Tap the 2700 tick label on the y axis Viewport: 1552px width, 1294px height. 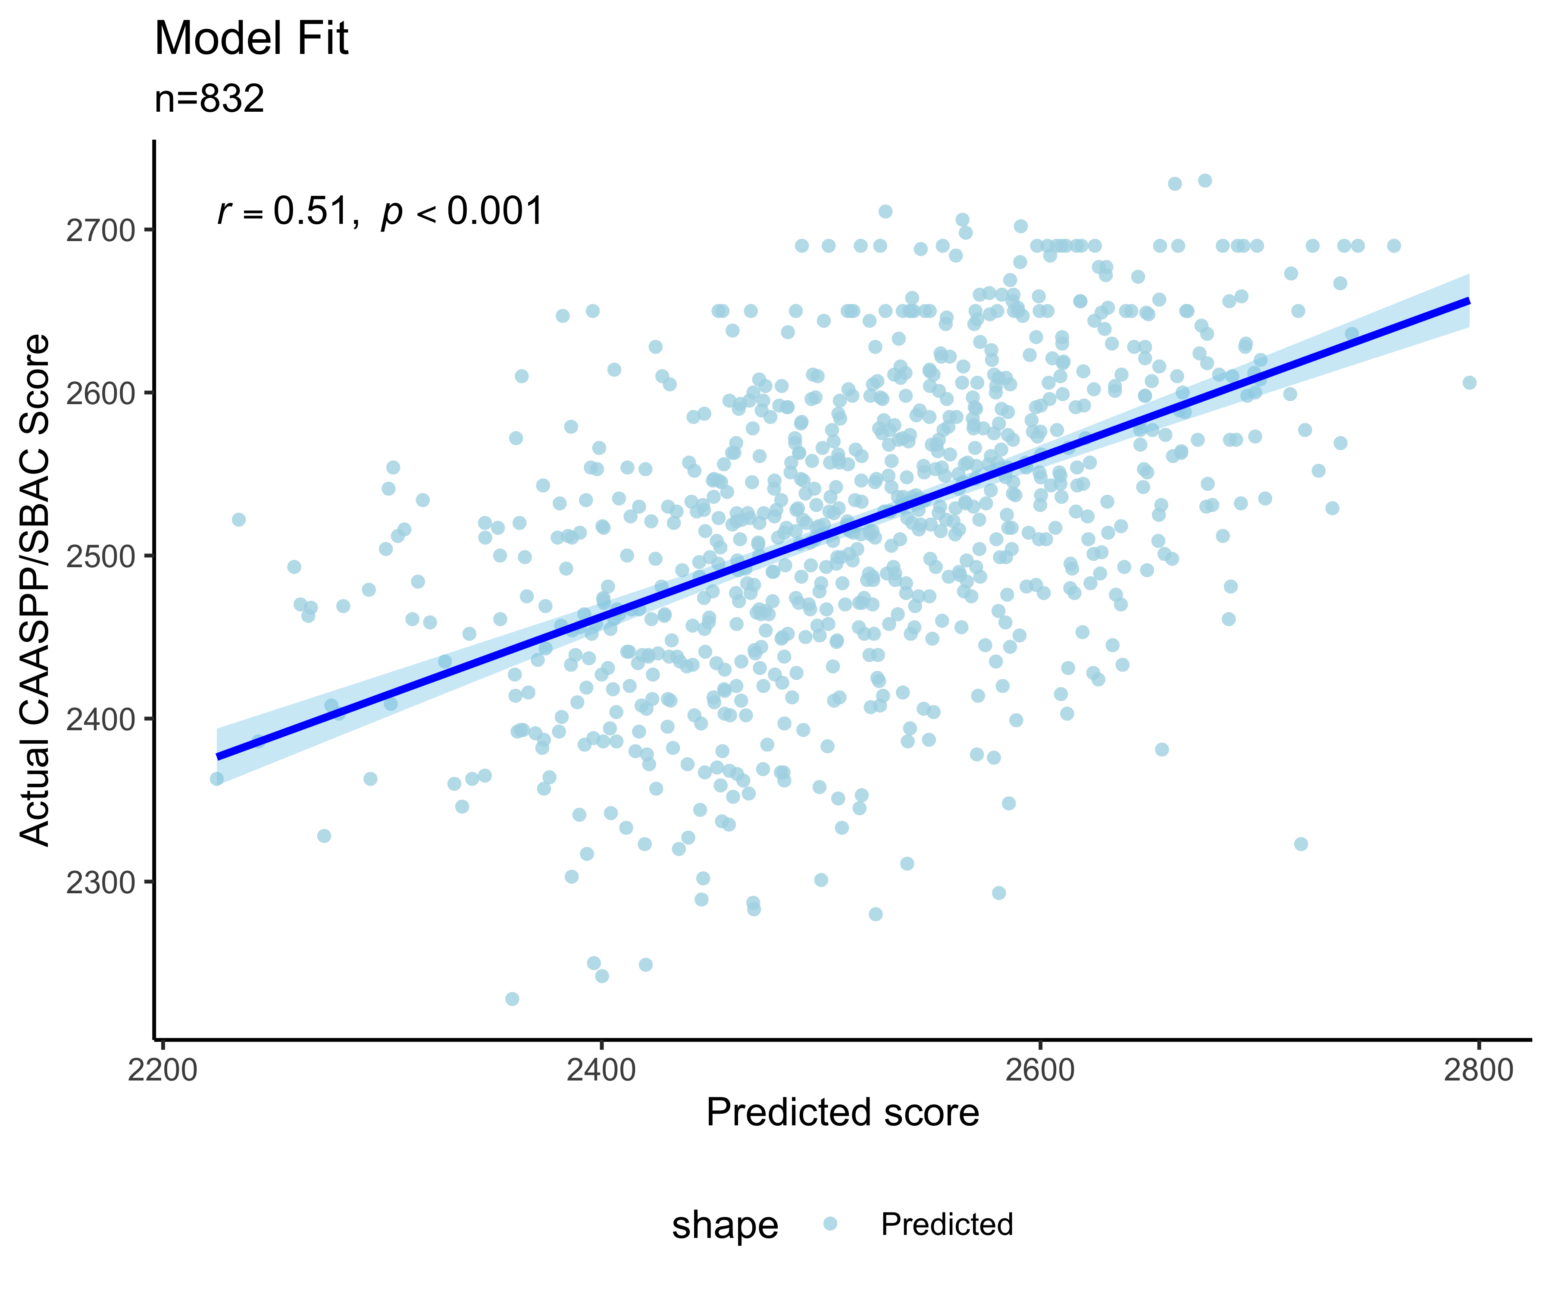pos(100,231)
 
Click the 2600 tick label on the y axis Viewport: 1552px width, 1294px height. pos(100,393)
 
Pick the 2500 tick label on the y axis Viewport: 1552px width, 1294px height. pos(100,556)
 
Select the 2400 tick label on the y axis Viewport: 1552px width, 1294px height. pos(100,719)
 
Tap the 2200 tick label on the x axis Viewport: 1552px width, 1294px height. pos(163,1070)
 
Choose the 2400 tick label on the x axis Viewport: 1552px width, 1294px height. pos(601,1070)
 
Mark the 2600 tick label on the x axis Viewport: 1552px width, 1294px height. pos(1040,1070)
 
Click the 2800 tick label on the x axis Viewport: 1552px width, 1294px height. pos(1478,1070)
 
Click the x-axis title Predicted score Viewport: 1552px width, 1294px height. pos(842,1113)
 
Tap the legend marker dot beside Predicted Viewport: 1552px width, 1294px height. pos(830,1224)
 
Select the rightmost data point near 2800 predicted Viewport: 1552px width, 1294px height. pos(1469,382)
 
